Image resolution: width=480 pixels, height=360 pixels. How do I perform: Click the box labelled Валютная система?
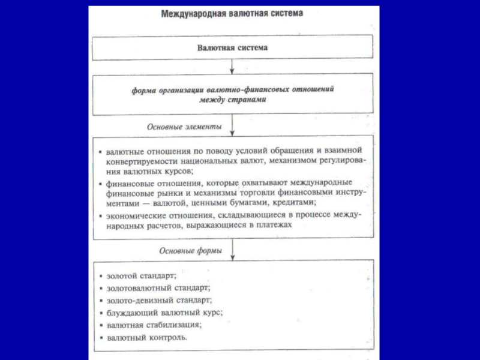pos(232,47)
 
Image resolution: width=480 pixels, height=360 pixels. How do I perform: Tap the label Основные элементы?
pos(184,127)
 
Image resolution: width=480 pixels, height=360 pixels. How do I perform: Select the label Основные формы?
pos(190,251)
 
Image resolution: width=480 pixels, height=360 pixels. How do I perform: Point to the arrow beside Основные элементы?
pos(232,125)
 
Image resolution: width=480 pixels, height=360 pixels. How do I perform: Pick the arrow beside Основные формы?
pos(232,250)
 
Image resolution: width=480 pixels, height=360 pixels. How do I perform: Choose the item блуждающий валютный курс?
pos(164,313)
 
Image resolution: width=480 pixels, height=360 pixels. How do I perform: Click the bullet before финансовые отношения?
pos(101,182)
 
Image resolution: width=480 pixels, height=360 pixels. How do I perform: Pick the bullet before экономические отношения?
pos(101,215)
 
